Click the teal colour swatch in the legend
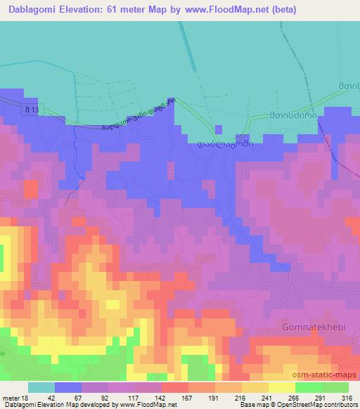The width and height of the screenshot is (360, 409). point(41,388)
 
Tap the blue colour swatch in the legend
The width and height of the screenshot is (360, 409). point(68,388)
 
